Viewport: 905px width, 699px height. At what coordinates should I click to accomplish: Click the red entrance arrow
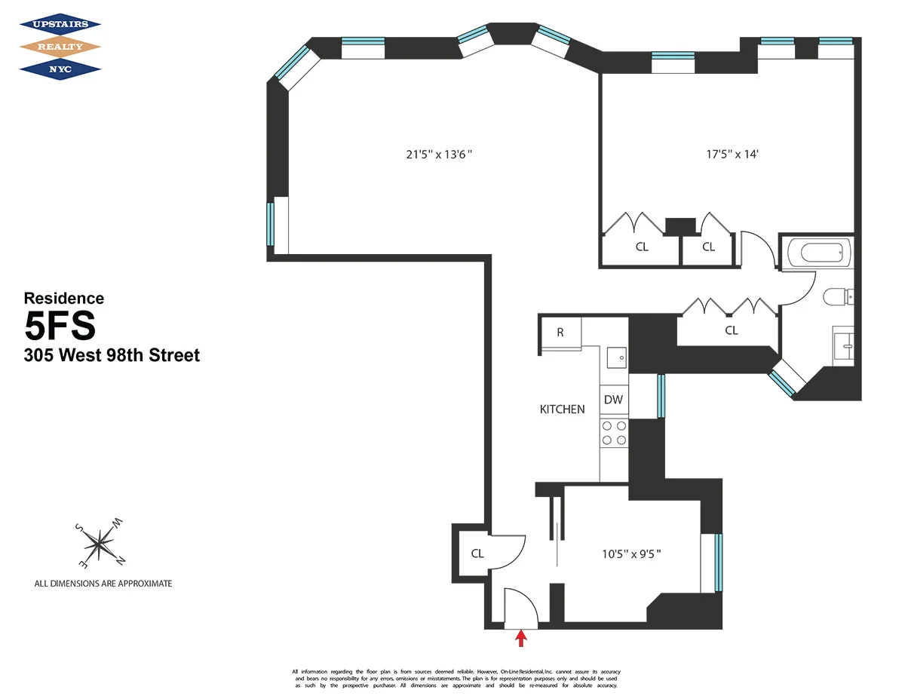pos(520,639)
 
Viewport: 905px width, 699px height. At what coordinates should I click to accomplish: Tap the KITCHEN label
pos(562,409)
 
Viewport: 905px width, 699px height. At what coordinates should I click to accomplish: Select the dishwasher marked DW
pos(614,400)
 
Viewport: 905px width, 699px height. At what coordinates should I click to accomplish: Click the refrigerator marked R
pos(560,333)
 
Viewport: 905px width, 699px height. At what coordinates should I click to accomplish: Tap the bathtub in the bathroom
pos(818,251)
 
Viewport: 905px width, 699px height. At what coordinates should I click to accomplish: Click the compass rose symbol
pos(99,543)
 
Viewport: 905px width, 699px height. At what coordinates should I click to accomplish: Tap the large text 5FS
pos(60,327)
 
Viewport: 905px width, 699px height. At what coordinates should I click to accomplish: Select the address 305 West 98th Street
pos(112,355)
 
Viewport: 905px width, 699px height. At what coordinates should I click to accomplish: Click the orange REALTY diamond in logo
pos(60,47)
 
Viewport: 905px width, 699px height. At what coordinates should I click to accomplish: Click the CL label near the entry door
pos(477,553)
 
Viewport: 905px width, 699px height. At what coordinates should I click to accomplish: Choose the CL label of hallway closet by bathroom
pos(731,330)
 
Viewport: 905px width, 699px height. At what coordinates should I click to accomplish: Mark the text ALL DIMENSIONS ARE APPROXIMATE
pos(103,584)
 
